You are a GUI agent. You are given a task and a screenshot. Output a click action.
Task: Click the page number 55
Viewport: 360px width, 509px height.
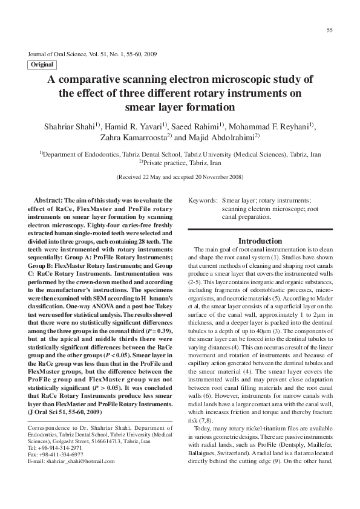coord(329,30)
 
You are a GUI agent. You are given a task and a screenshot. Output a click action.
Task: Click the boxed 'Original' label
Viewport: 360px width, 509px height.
coord(42,63)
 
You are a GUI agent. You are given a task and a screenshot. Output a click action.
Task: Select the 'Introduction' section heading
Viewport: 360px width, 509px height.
coord(265,241)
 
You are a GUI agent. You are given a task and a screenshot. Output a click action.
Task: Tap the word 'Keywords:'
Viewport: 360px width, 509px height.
coord(203,200)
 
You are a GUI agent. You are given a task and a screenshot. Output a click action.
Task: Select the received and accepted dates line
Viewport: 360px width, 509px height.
coord(179,178)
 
